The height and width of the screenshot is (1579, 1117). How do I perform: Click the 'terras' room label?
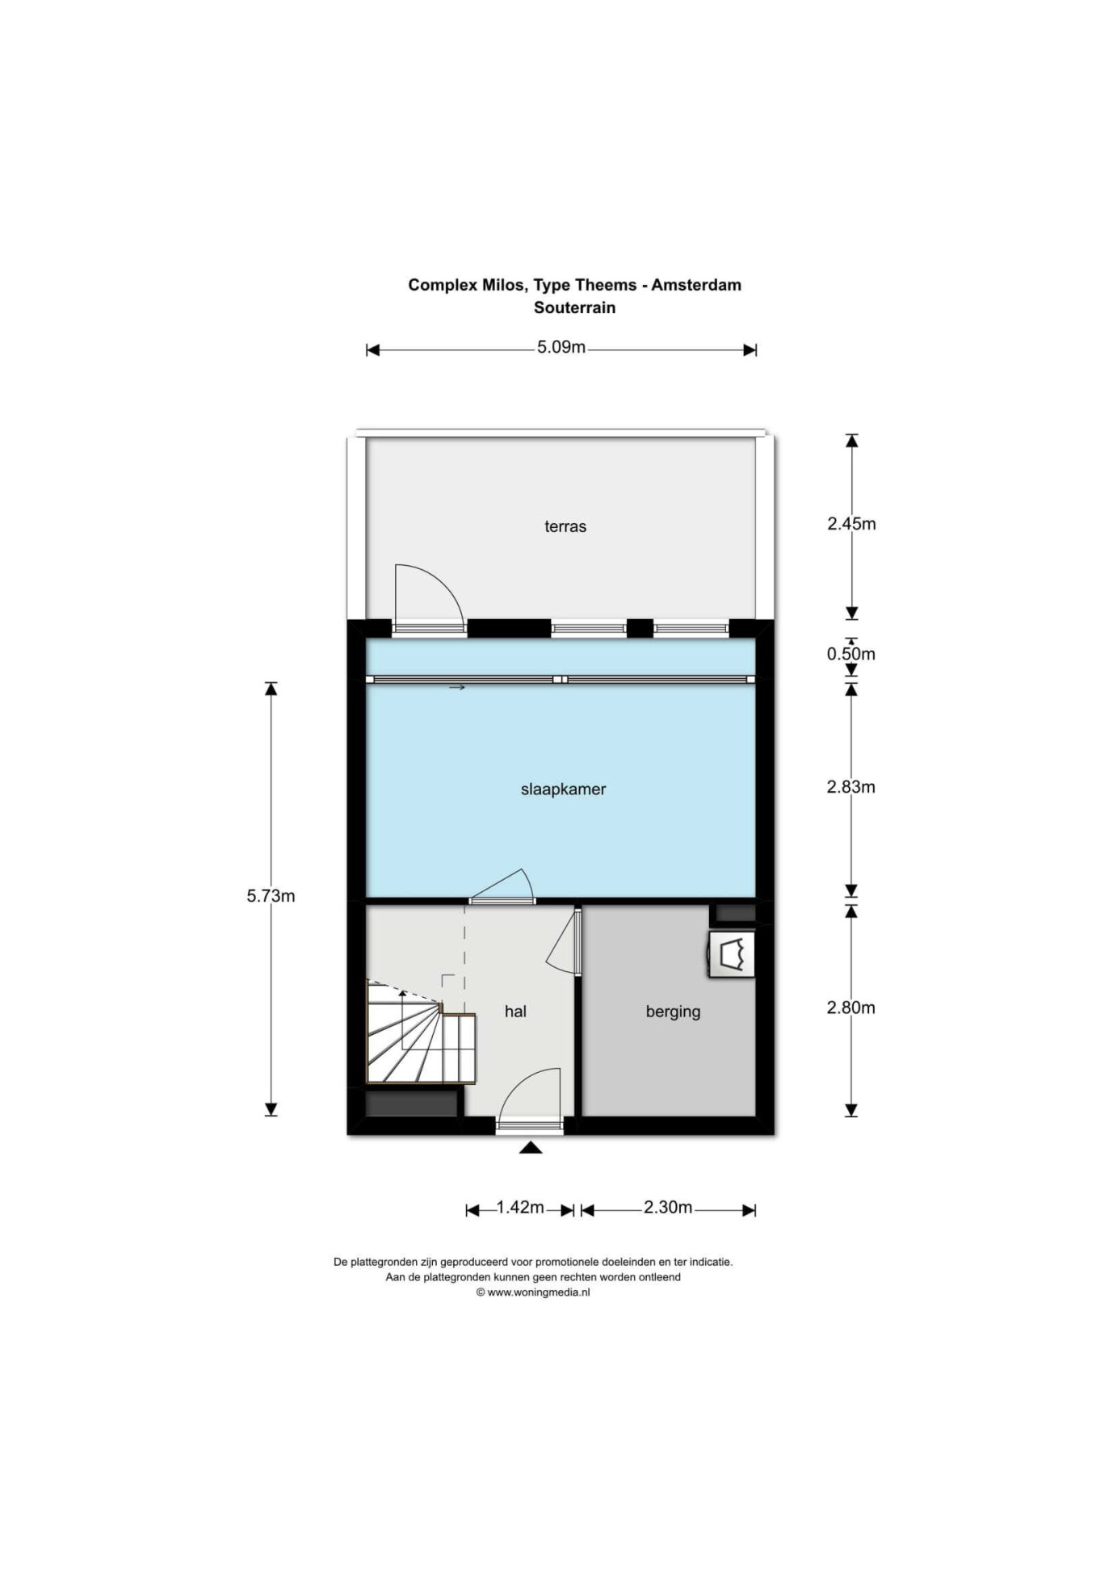pyautogui.click(x=565, y=526)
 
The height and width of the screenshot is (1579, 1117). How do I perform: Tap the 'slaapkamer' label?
pyautogui.click(x=563, y=789)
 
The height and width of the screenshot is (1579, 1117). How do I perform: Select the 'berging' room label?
pyautogui.click(x=673, y=1011)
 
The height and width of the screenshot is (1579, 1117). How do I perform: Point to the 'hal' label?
pyautogui.click(x=515, y=1011)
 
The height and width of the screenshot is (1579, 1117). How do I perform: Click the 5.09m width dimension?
pyautogui.click(x=561, y=347)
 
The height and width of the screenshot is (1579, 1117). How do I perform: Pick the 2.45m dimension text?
pyautogui.click(x=851, y=524)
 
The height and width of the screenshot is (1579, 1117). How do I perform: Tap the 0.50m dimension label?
pyautogui.click(x=850, y=654)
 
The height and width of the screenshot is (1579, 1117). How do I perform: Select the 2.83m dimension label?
pyautogui.click(x=850, y=787)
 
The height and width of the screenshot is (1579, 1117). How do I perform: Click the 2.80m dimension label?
pyautogui.click(x=850, y=1007)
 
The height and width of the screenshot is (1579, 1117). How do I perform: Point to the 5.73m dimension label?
pyautogui.click(x=271, y=896)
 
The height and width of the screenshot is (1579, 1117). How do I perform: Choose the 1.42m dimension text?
pyautogui.click(x=520, y=1208)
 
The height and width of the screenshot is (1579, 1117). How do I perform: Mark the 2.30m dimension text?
pyautogui.click(x=668, y=1208)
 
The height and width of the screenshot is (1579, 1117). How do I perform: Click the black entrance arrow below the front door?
pyautogui.click(x=530, y=1147)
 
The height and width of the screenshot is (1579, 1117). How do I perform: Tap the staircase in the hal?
pyautogui.click(x=420, y=1032)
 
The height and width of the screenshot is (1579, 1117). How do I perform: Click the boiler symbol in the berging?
pyautogui.click(x=732, y=954)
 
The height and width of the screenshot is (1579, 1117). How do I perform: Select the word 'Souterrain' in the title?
pyautogui.click(x=574, y=308)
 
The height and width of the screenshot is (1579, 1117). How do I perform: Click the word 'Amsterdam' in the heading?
pyautogui.click(x=696, y=285)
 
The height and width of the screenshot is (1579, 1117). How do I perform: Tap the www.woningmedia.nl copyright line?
pyautogui.click(x=533, y=1292)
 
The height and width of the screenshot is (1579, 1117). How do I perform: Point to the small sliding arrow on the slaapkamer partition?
pyautogui.click(x=457, y=688)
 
